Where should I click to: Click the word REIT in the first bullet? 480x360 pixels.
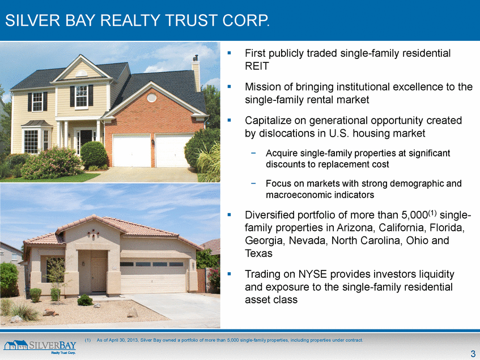(x=257, y=66)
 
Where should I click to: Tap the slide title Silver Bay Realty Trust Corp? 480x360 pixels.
(x=138, y=20)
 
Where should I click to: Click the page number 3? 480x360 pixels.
(x=473, y=353)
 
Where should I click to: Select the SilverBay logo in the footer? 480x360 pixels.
(x=40, y=347)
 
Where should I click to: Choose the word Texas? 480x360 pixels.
(x=258, y=253)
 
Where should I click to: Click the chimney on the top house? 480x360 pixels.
(x=196, y=73)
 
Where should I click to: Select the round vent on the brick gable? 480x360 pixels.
(x=152, y=98)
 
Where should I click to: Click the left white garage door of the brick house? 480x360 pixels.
(x=131, y=151)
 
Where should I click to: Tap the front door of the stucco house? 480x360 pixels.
(x=99, y=274)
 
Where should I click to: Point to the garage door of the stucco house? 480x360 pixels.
(x=154, y=277)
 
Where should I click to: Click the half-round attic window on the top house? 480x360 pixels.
(x=81, y=74)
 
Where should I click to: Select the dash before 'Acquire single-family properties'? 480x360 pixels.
(x=253, y=153)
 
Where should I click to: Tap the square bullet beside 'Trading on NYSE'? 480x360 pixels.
(x=230, y=274)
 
